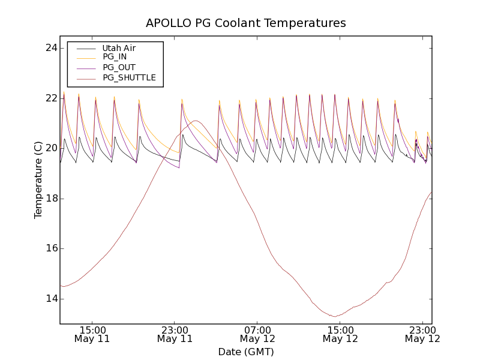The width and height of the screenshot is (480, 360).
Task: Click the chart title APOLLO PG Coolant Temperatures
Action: pos(246,23)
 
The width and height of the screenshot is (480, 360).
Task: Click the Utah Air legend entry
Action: pos(119,48)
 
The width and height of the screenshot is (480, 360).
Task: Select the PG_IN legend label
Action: pos(115,57)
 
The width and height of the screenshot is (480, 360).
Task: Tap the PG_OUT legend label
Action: pos(119,67)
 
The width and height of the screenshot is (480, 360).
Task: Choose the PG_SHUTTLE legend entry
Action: pos(129,77)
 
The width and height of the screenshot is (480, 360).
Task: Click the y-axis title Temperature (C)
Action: pos(38,180)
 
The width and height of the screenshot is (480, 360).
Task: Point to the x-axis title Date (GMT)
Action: pos(246,352)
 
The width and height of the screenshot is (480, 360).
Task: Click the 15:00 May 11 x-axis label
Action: pos(92,334)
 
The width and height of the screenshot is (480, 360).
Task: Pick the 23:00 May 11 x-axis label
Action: pos(175,334)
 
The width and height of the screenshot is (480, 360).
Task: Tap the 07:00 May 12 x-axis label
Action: pos(257,334)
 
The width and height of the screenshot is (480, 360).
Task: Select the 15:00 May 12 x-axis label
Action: pos(340,334)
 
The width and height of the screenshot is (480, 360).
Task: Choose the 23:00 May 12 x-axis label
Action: pos(422,334)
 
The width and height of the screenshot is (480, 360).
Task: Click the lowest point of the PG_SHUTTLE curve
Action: pos(335,316)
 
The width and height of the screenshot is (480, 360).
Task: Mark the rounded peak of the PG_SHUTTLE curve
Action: pos(196,121)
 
